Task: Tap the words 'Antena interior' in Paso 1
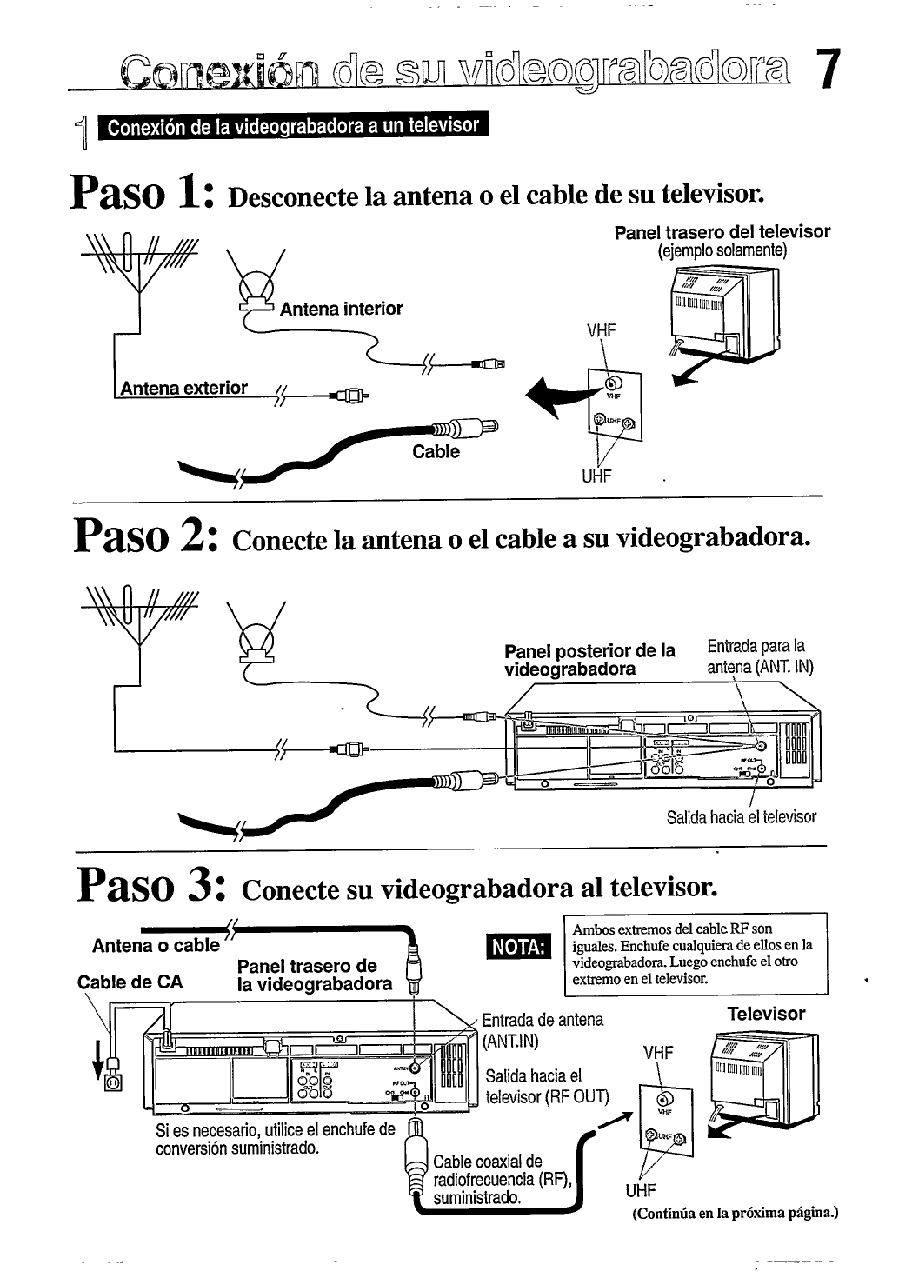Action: (341, 309)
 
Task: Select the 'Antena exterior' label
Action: (183, 388)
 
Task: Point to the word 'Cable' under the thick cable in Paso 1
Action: (436, 451)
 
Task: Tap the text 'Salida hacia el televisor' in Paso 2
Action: (742, 817)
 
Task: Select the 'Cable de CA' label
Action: (130, 983)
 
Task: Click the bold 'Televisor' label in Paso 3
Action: (766, 1014)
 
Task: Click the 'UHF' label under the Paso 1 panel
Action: (597, 476)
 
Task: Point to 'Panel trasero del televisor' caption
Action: (722, 232)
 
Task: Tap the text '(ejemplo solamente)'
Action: (722, 251)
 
